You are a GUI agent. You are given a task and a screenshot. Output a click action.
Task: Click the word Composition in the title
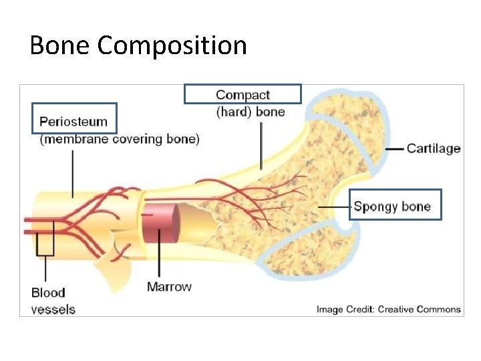point(172,46)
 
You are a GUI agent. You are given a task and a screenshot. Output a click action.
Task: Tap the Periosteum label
point(73,122)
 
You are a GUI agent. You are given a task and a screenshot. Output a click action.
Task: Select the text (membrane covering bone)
point(120,139)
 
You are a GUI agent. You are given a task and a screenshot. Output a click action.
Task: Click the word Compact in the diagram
point(243,96)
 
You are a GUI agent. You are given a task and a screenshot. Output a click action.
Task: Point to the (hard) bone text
point(251,112)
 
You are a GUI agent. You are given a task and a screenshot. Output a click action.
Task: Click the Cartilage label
point(434,148)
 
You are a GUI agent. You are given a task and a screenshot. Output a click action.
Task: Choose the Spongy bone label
point(392,207)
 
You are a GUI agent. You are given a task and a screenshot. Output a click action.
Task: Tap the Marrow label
point(169,287)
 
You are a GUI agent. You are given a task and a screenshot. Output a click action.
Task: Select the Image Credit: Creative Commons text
point(388,309)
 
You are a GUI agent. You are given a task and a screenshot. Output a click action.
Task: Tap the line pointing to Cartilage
point(395,148)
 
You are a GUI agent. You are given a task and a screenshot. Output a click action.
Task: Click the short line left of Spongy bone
point(334,207)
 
